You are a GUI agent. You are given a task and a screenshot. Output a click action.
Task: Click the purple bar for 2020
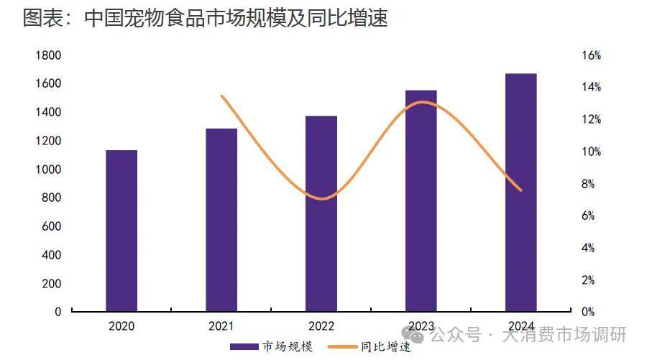pyautogui.click(x=121, y=231)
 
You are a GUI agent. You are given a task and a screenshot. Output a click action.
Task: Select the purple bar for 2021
pyautogui.click(x=221, y=220)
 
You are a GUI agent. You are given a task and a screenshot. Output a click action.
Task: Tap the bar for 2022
pyautogui.click(x=321, y=213)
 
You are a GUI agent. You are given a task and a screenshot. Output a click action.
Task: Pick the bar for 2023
pyautogui.click(x=421, y=200)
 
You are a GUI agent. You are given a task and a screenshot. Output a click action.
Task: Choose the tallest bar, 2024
pyautogui.click(x=521, y=193)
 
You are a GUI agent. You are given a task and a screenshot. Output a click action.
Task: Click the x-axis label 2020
pyautogui.click(x=121, y=326)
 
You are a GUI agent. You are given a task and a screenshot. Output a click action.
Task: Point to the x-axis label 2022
pyautogui.click(x=321, y=326)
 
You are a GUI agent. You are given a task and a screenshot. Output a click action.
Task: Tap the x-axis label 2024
pyautogui.click(x=521, y=326)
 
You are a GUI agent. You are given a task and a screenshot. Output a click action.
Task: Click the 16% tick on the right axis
pyautogui.click(x=591, y=55)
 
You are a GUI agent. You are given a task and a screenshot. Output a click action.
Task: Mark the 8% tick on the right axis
pyautogui.click(x=588, y=184)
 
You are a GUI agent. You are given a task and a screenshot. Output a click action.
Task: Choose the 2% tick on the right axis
pyautogui.click(x=588, y=280)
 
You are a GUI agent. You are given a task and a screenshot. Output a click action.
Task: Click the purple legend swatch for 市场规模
pyautogui.click(x=244, y=347)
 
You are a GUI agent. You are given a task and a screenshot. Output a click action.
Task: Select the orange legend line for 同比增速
pyautogui.click(x=344, y=347)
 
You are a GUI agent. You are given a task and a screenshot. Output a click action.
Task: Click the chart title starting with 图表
pyautogui.click(x=206, y=18)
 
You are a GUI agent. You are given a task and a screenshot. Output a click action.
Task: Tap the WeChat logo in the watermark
pyautogui.click(x=414, y=335)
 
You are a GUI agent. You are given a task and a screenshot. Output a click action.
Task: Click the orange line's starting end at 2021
pyautogui.click(x=221, y=96)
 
